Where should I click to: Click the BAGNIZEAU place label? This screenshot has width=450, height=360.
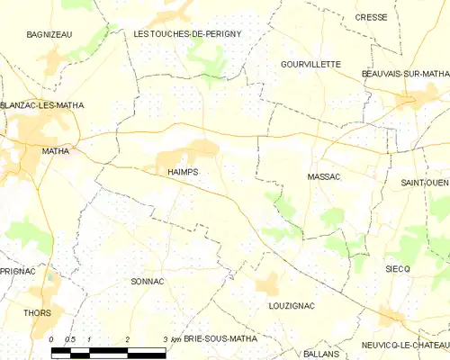coord(49,33)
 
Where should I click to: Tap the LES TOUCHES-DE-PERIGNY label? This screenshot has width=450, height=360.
coord(187,33)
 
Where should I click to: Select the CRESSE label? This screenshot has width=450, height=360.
coord(396,17)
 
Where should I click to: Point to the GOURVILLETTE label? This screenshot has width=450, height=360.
coord(310,65)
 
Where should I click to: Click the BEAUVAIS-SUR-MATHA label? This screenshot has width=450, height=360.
coord(405,74)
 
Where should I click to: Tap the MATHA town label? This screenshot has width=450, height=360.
coord(56,151)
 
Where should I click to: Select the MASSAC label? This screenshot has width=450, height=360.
coord(324,177)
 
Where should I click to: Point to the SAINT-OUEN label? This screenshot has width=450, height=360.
coord(425,183)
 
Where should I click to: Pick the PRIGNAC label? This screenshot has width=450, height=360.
coord(17,270)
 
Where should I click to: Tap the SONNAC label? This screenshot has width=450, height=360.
coord(147,282)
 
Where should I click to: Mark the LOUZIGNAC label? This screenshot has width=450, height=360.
coord(292,306)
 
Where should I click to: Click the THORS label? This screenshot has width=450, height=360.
coord(38,313)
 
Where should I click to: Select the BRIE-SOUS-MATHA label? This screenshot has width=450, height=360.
coord(220,338)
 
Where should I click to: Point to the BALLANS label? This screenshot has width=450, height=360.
coord(322,355)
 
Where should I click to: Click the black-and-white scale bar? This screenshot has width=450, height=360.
coord(109,349)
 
